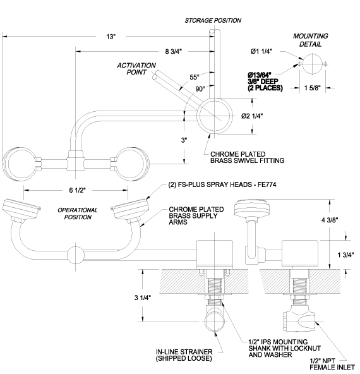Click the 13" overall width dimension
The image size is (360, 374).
point(111,37)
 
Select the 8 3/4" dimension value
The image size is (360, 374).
point(174,51)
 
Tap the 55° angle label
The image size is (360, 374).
point(195,77)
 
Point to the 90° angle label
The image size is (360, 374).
point(200,88)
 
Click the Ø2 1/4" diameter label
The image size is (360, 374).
point(252,116)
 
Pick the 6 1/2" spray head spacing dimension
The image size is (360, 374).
point(78,190)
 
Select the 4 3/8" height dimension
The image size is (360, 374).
point(330,220)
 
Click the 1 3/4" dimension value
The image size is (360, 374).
point(345,255)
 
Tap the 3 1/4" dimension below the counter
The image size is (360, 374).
point(143,298)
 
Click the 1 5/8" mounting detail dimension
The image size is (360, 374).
point(313,88)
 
